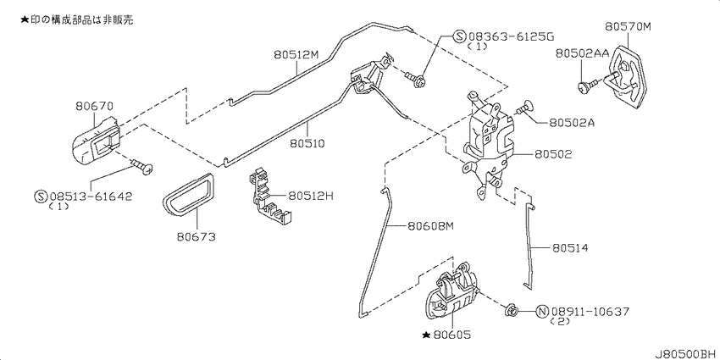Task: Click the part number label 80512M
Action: pos(296,55)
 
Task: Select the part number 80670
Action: pos(94,107)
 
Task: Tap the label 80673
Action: pos(196,237)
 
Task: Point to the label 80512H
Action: pos(311,196)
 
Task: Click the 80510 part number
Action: pos(307,143)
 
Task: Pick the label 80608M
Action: pos(429,226)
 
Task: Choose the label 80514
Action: pos(570,248)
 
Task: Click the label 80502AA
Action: pos(582,53)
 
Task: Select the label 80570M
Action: pos(628,26)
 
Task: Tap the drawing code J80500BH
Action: pos(685,354)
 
